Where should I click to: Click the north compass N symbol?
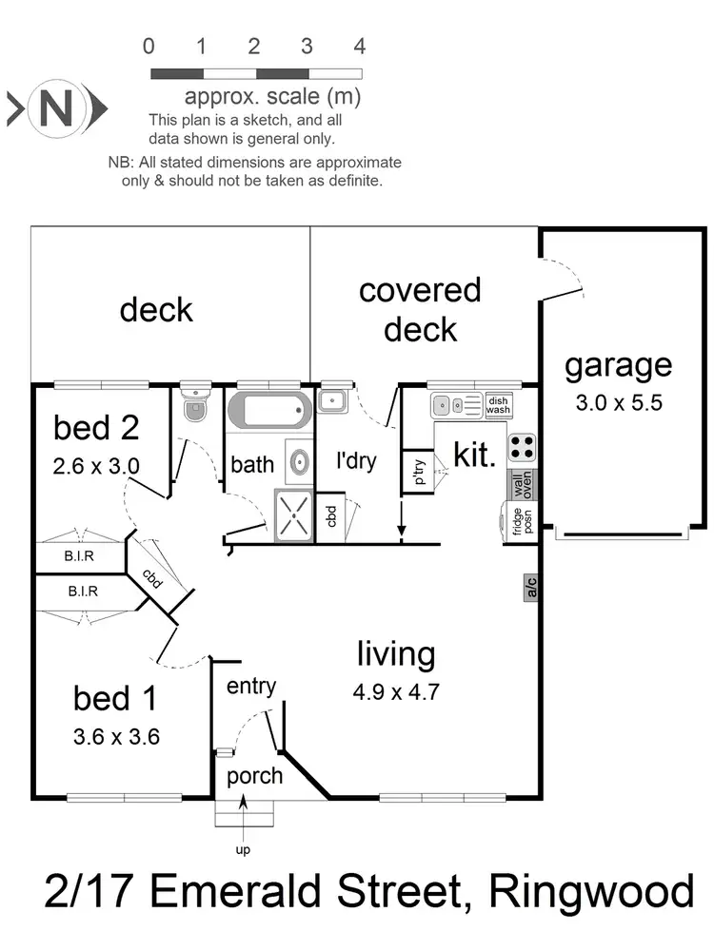[54, 107]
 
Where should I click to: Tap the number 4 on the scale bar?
[360, 46]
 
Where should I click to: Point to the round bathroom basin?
[299, 464]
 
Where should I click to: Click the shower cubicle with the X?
[295, 514]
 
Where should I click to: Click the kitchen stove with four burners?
[521, 447]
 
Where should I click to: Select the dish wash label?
[499, 405]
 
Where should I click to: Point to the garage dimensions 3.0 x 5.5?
[619, 402]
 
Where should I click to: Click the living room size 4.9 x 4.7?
[396, 691]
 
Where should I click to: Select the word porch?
[254, 775]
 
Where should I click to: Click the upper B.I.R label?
[82, 557]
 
